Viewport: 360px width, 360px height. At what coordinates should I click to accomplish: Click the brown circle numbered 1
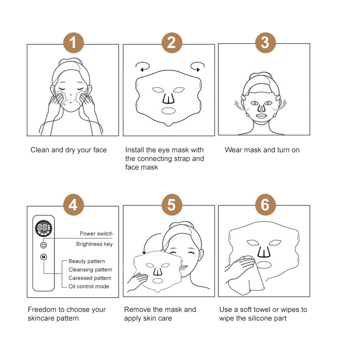pos(74,43)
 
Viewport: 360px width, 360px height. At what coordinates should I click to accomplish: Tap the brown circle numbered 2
pos(172,43)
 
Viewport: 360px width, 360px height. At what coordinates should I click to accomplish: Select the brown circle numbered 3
pos(266,43)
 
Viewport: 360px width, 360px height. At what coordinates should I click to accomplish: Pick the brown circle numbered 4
pos(74,205)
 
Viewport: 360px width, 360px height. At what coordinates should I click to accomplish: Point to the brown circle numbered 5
pos(172,205)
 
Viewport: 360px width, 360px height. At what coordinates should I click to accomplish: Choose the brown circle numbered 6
pos(266,205)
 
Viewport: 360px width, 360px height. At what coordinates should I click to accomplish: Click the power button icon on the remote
pos(44,245)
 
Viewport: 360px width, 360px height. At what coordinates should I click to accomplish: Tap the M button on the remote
pos(44,257)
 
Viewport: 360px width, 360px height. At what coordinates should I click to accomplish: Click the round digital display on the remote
pos(43,228)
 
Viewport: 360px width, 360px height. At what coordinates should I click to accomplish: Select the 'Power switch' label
pos(96,234)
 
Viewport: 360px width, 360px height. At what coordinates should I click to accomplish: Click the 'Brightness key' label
pos(94,244)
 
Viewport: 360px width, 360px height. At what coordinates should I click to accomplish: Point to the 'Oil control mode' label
pos(89,286)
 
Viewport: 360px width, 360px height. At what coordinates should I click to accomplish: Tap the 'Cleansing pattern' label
pos(90,270)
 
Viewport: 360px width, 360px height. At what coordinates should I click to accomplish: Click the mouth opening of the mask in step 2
pos(168,111)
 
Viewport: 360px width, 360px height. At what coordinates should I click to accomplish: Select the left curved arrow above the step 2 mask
pos(142,66)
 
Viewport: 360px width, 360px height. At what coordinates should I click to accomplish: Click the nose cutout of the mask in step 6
pos(264,252)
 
